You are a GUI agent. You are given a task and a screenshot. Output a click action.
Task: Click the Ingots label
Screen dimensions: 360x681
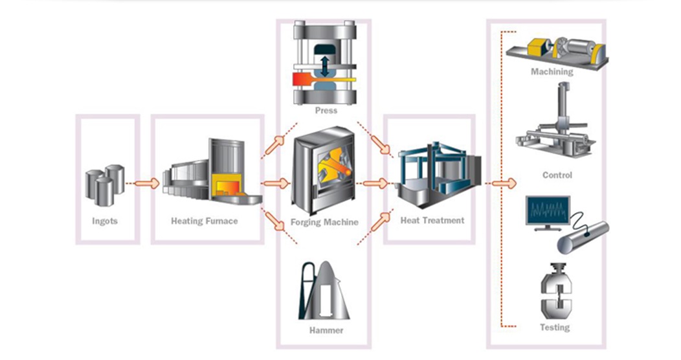pos(106,221)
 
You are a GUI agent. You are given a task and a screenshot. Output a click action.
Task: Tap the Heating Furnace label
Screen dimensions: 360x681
pos(204,221)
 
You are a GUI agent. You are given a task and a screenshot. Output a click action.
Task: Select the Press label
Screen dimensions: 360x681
pos(326,111)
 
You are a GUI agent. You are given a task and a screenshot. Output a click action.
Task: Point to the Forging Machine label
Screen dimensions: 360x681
pos(325,222)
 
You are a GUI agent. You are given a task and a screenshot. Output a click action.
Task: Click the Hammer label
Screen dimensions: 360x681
pos(326,331)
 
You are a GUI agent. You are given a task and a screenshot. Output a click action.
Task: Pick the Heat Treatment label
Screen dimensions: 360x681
pos(432,220)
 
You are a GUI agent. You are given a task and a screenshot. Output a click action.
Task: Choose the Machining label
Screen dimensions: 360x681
pos(552,72)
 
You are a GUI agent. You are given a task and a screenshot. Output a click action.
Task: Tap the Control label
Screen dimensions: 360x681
pos(557,175)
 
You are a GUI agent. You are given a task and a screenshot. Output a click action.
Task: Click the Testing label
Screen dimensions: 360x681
pos(555,328)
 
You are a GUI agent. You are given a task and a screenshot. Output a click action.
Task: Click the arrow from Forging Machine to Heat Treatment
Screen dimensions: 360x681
pos(375,184)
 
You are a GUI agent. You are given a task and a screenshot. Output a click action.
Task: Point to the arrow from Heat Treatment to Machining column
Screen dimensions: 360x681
pos(503,184)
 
